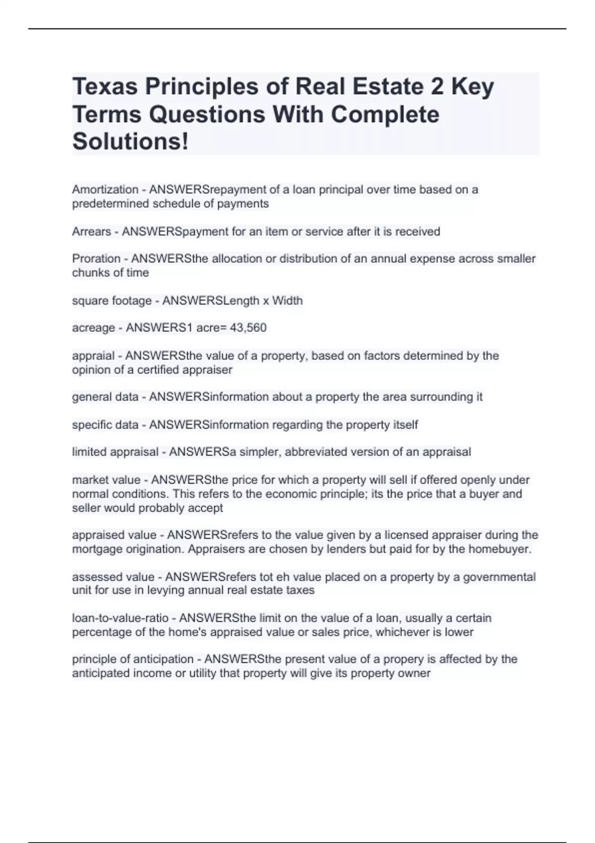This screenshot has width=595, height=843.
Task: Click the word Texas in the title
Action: (105, 87)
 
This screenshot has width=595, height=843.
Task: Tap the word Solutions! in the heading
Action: (130, 141)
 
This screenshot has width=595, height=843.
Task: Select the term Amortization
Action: (105, 189)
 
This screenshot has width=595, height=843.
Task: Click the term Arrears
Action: (92, 232)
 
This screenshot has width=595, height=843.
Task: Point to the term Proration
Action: (96, 259)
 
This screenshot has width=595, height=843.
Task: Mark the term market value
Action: (106, 480)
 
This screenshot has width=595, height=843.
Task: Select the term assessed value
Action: (113, 577)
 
